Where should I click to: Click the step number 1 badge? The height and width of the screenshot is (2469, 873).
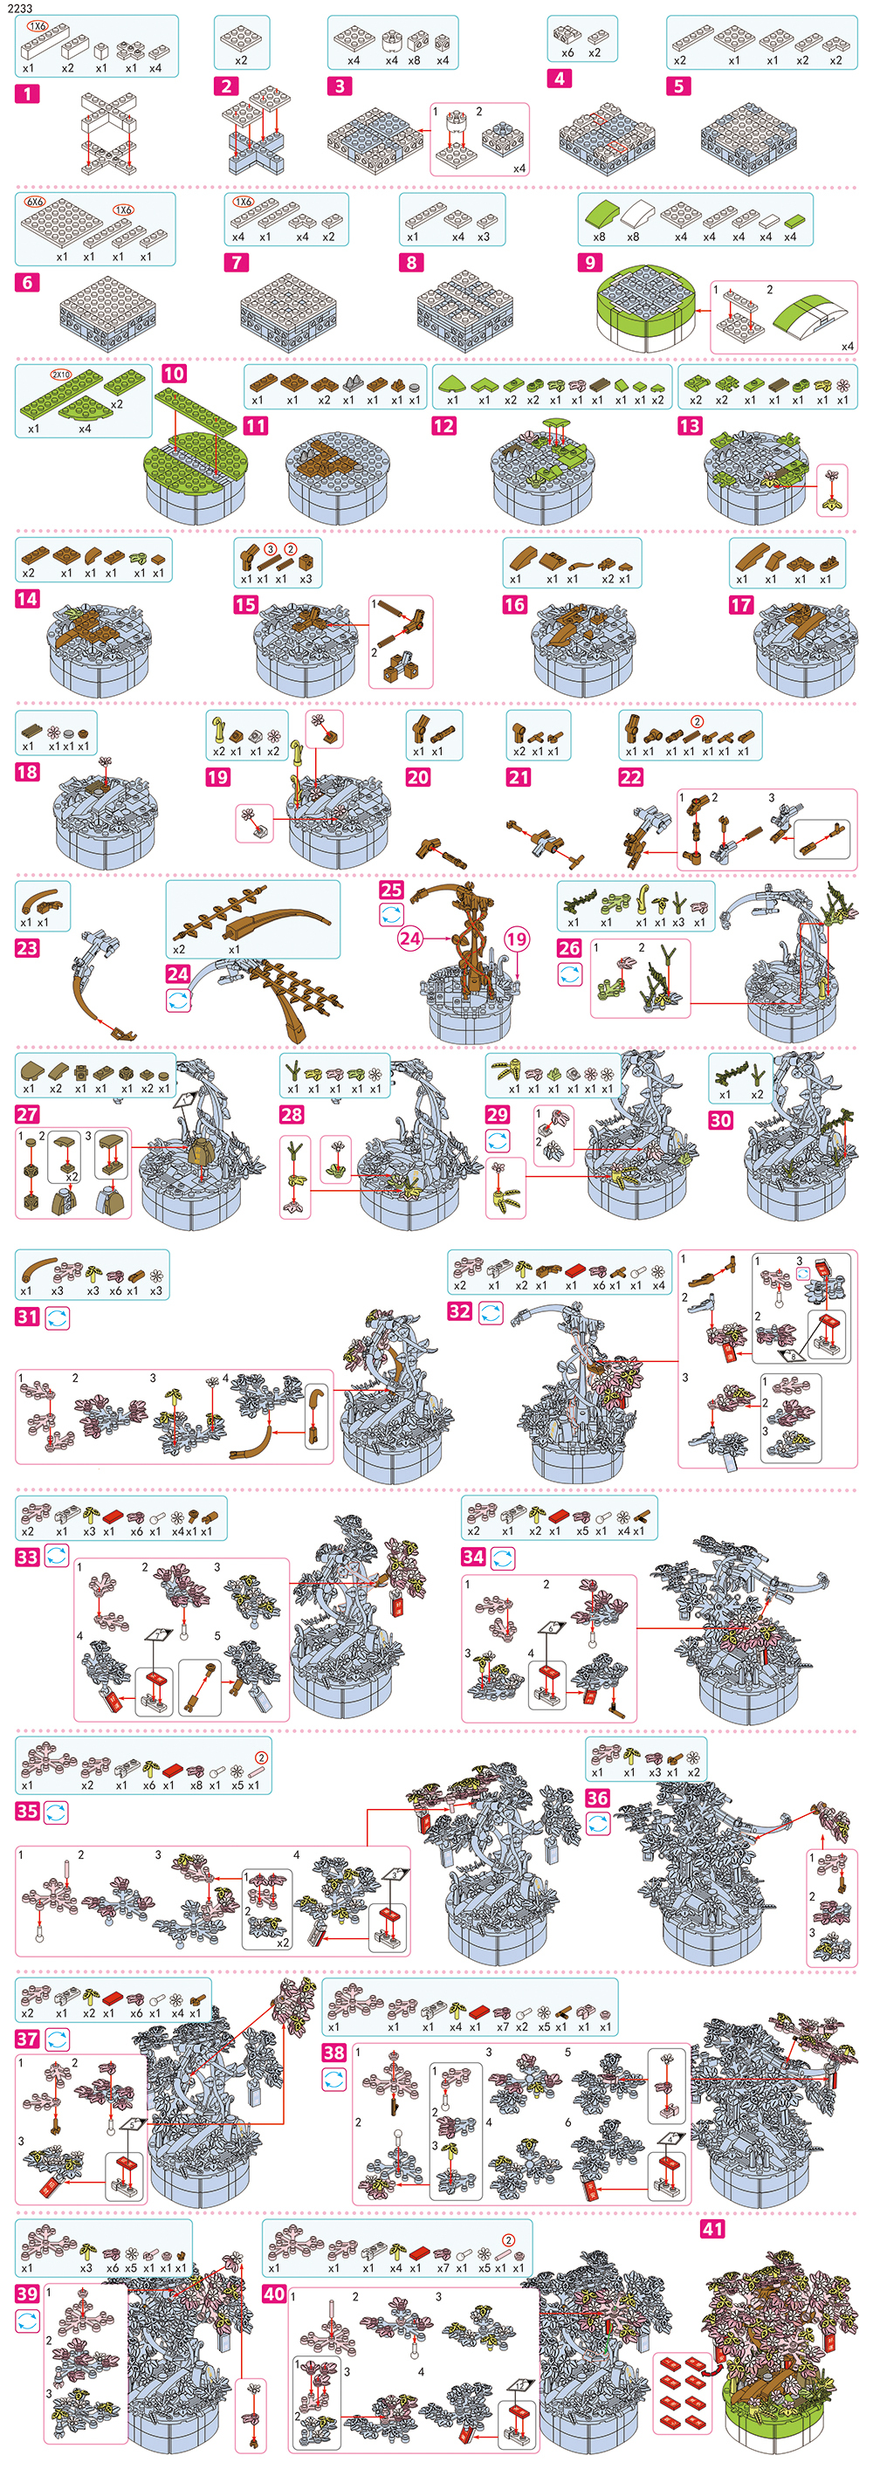coord(27,94)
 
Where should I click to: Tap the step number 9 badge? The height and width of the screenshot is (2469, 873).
coord(590,262)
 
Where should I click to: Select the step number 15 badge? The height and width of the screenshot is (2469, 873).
coord(245,605)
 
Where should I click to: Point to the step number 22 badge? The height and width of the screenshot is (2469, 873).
coord(630,777)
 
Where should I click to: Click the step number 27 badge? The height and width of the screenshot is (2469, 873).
coord(27,1114)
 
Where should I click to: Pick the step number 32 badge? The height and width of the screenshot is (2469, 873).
coord(460,1311)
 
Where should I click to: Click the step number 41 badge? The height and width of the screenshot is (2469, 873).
coord(713,2228)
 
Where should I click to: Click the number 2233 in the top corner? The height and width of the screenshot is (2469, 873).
coord(19,8)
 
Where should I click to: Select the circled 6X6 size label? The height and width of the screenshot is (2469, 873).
coord(35,203)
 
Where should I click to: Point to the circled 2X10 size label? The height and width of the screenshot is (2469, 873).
coord(61,375)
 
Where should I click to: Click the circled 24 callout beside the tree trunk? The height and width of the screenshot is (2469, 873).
coord(410,939)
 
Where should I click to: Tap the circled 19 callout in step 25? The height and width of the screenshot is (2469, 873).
coord(517,939)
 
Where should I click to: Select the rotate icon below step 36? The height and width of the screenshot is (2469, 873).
coord(598,1824)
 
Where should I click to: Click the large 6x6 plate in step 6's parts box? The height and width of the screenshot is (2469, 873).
coord(56,223)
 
